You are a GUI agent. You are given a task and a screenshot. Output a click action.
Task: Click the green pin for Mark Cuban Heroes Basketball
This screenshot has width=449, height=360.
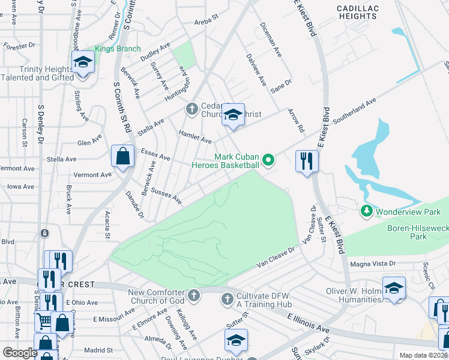268,160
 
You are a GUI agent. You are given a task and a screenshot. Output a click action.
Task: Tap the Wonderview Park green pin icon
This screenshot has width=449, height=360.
367,211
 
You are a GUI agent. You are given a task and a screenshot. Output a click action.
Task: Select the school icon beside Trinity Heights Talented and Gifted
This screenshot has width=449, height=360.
83,61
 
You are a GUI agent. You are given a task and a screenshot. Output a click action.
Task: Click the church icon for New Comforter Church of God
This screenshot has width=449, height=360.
193,295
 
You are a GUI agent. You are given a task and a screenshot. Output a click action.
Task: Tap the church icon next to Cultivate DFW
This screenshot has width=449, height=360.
227,298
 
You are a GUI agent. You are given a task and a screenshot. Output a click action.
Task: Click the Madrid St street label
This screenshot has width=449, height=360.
98,350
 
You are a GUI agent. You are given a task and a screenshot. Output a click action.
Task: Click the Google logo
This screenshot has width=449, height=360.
20,353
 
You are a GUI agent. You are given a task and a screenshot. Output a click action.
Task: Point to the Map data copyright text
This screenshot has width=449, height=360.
422,355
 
